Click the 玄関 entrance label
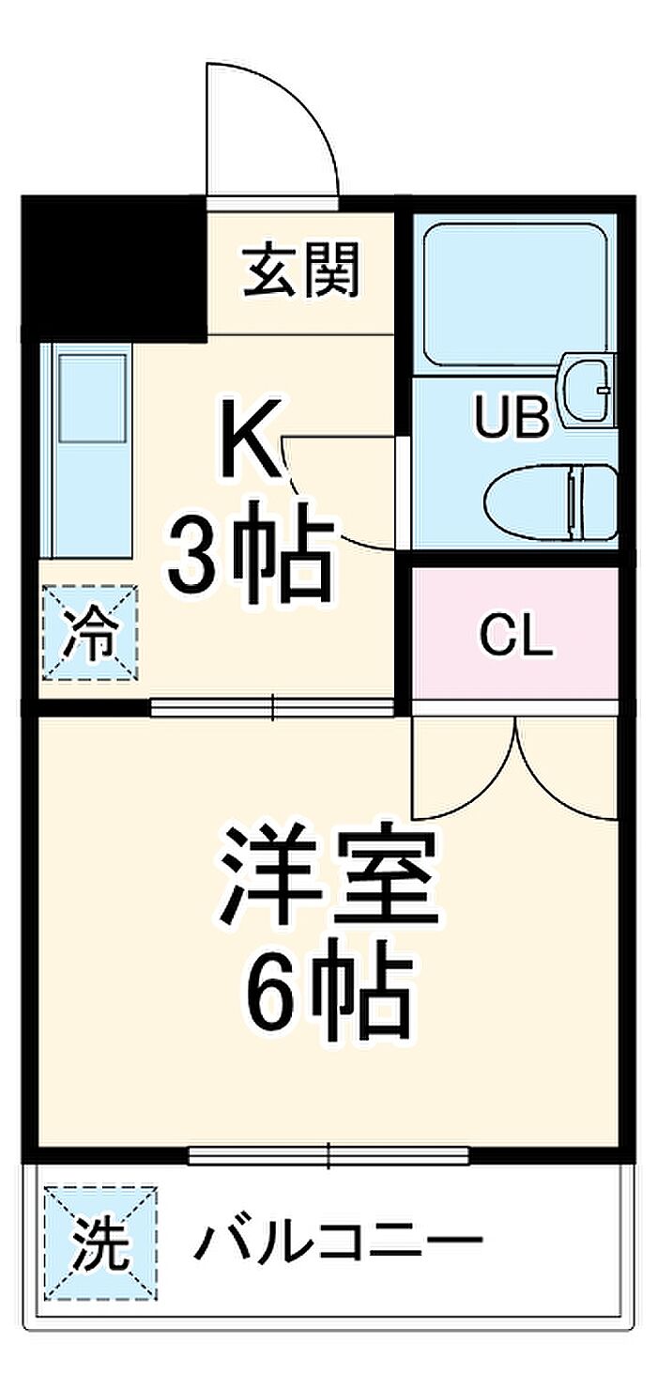tap(301, 271)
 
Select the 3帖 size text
tap(251, 562)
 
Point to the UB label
tap(511, 419)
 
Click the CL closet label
tap(515, 640)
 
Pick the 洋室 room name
tap(328, 875)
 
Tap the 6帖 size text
tap(328, 993)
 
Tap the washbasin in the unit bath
tap(587, 387)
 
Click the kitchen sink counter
tap(88, 451)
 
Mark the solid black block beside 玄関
tap(113, 270)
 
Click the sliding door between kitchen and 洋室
tap(272, 707)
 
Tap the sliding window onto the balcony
tap(328, 1155)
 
